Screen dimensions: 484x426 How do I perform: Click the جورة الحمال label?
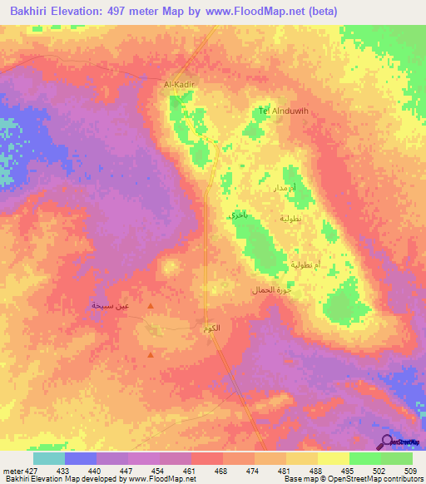tap(270, 290)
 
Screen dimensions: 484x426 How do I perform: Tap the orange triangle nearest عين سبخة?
tap(150, 306)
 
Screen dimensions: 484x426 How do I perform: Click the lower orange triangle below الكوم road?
tap(150, 355)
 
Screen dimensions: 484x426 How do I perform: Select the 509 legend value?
tap(409, 469)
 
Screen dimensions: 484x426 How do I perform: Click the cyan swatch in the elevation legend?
tap(49, 458)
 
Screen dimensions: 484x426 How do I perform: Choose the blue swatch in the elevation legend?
tap(81, 458)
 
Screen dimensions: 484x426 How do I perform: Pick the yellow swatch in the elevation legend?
tap(333, 458)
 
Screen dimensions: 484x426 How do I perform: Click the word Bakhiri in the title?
tap(34, 11)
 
